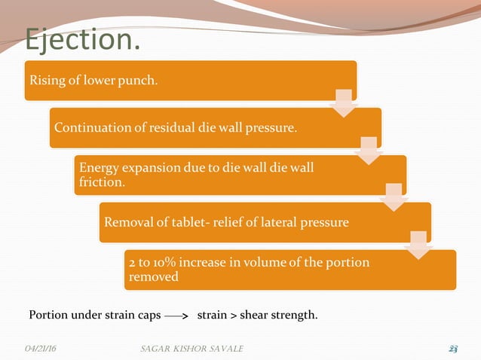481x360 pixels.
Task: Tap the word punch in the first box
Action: point(140,81)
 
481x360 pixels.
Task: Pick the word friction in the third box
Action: point(101,182)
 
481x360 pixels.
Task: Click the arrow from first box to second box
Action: point(343,102)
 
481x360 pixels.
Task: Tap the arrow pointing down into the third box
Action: point(368,149)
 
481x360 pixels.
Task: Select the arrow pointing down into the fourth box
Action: point(394,197)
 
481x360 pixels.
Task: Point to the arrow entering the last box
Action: point(418,246)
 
